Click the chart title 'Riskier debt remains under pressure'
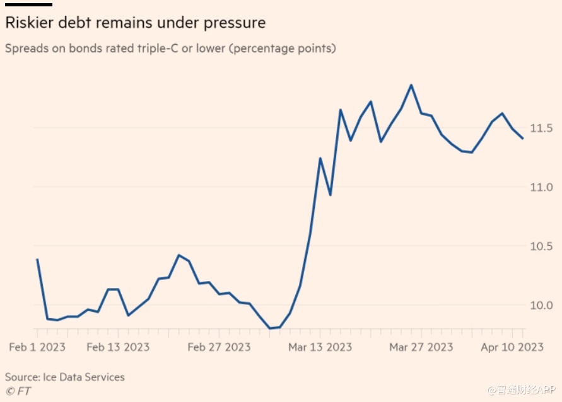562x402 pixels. [135, 23]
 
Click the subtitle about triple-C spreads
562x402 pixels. [170, 49]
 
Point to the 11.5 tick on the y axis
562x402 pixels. [541, 128]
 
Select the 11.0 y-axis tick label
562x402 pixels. [541, 187]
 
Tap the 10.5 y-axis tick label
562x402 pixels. [541, 246]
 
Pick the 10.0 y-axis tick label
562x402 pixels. [541, 305]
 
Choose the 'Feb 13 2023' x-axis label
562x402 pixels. [118, 347]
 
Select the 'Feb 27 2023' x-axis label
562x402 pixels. [219, 347]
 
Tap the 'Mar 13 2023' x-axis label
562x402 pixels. [320, 347]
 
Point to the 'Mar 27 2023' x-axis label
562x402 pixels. [421, 347]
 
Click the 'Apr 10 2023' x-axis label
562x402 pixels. [512, 347]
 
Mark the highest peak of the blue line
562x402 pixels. [411, 85]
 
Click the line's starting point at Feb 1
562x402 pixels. [37, 259]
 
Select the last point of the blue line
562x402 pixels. [522, 139]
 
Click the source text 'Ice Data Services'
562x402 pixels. [83, 377]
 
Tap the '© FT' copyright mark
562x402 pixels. [18, 391]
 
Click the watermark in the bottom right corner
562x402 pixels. [522, 391]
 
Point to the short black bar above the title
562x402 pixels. [28, 4]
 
